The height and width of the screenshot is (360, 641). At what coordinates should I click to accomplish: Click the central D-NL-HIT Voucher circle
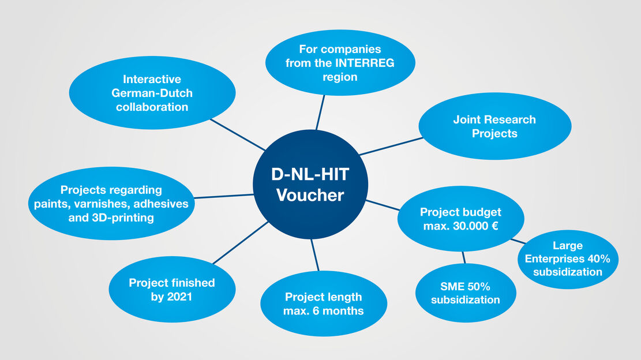(310, 184)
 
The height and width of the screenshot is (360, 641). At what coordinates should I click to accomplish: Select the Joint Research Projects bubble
(494, 126)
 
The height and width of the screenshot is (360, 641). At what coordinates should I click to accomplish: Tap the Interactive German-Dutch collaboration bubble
(152, 93)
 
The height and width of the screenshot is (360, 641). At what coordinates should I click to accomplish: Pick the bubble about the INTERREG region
(340, 63)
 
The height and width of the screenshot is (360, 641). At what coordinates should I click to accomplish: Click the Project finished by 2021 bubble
(172, 290)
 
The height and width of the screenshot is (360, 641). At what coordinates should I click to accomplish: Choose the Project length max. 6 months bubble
(324, 303)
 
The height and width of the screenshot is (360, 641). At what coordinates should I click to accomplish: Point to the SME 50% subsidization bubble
(465, 292)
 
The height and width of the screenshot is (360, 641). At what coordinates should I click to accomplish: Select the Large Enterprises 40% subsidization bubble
(568, 259)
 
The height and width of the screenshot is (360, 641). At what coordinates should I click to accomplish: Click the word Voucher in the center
(310, 195)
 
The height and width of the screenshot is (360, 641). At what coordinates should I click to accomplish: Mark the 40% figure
(605, 259)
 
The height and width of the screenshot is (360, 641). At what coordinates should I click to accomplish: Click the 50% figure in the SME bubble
(480, 286)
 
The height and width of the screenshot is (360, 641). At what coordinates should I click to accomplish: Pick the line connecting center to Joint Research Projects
(391, 147)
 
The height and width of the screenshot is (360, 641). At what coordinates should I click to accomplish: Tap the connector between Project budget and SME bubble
(463, 257)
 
